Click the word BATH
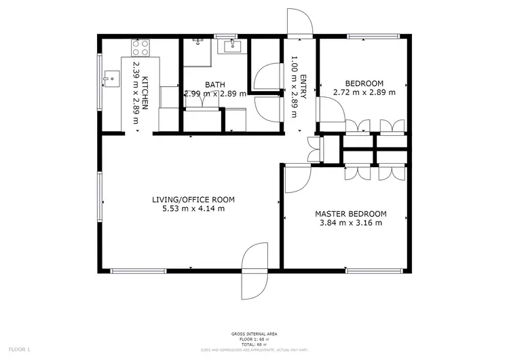(x=214, y=85)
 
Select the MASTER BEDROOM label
(x=350, y=213)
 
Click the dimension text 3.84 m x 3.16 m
(x=350, y=223)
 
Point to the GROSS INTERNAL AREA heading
(x=254, y=334)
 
